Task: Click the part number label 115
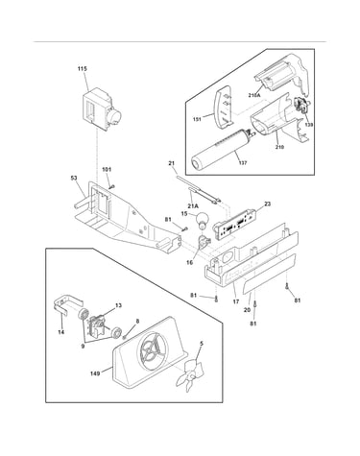[x=83, y=69]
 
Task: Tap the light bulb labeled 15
[x=202, y=221]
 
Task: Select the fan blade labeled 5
[x=190, y=372]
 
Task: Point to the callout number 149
[x=95, y=373]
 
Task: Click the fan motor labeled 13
[x=98, y=324]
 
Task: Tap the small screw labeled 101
[x=112, y=186]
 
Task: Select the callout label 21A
[x=193, y=206]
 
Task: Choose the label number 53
[x=74, y=178]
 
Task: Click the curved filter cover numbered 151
[x=223, y=108]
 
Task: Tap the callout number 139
[x=309, y=125]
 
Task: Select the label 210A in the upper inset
[x=254, y=95]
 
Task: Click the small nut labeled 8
[x=125, y=337]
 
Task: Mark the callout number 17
[x=236, y=301]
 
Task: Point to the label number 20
[x=247, y=309]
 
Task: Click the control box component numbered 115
[x=101, y=108]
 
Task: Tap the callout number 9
[x=83, y=347]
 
